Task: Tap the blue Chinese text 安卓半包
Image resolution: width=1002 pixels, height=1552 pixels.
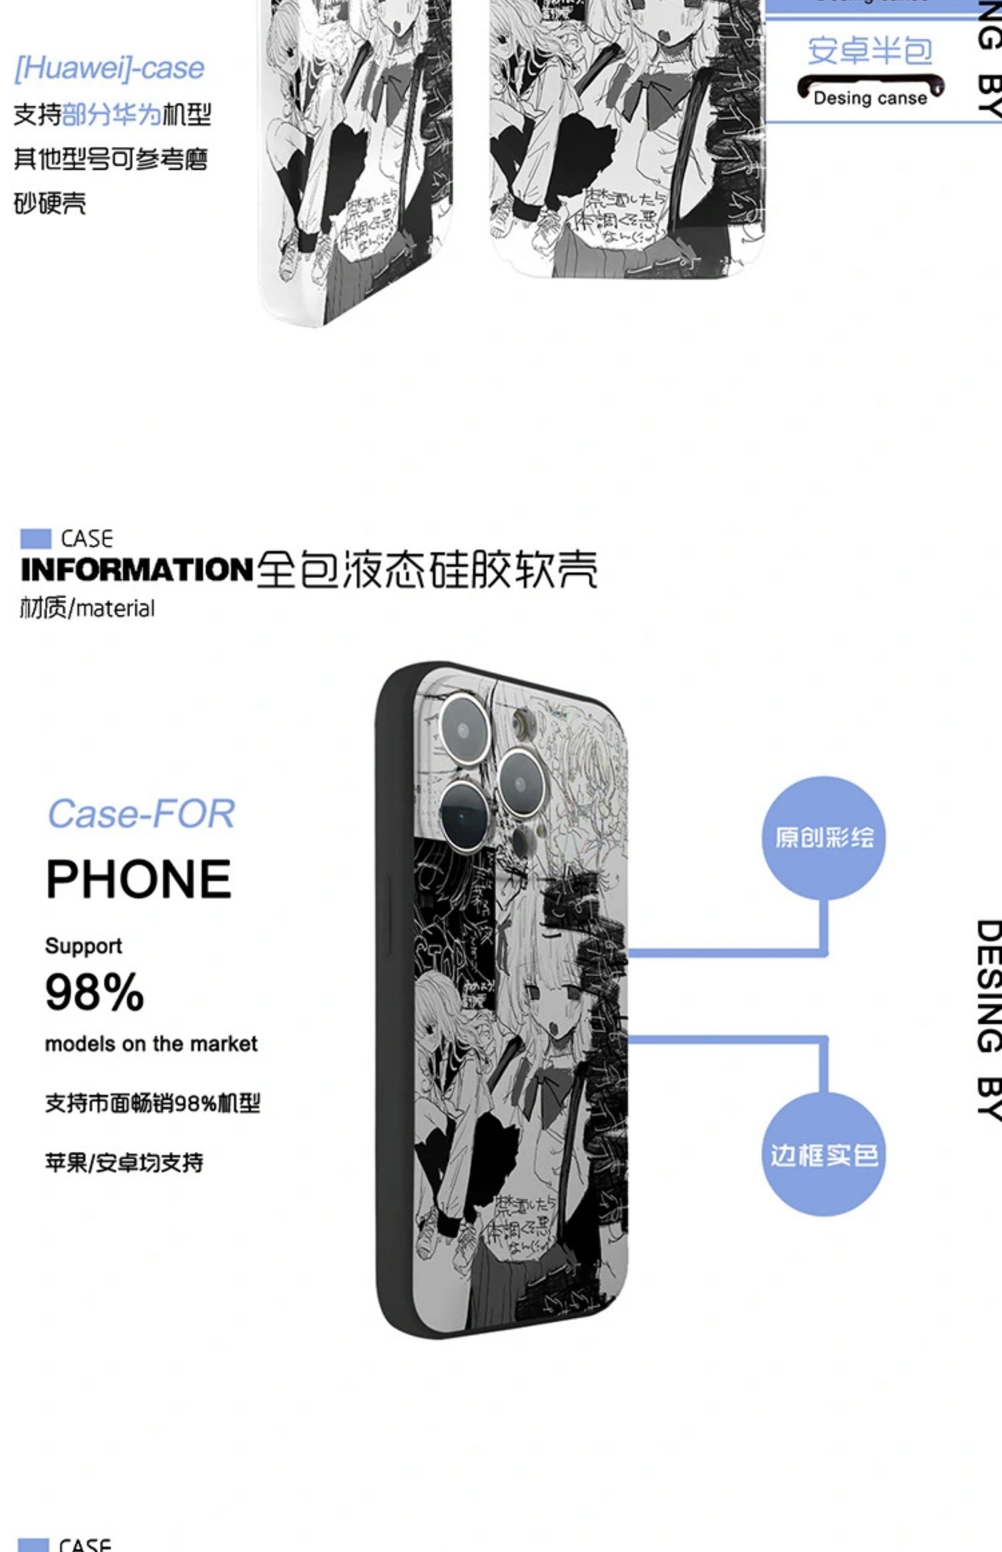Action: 870,51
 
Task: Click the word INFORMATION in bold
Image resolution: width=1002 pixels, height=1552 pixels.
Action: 137,570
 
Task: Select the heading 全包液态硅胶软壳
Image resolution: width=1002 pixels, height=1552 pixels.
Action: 427,570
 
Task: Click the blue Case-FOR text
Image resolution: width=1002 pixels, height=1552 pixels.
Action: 141,814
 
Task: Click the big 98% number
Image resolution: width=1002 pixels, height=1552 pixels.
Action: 95,992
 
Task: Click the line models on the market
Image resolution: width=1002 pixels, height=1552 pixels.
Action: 151,1044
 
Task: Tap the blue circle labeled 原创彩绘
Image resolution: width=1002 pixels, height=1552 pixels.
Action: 824,837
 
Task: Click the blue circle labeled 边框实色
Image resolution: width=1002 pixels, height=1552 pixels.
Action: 824,1156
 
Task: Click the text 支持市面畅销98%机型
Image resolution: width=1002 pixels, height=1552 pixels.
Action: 152,1103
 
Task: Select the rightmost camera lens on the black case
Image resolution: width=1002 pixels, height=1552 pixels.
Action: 520,782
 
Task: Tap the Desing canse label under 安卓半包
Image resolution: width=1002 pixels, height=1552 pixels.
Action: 870,98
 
